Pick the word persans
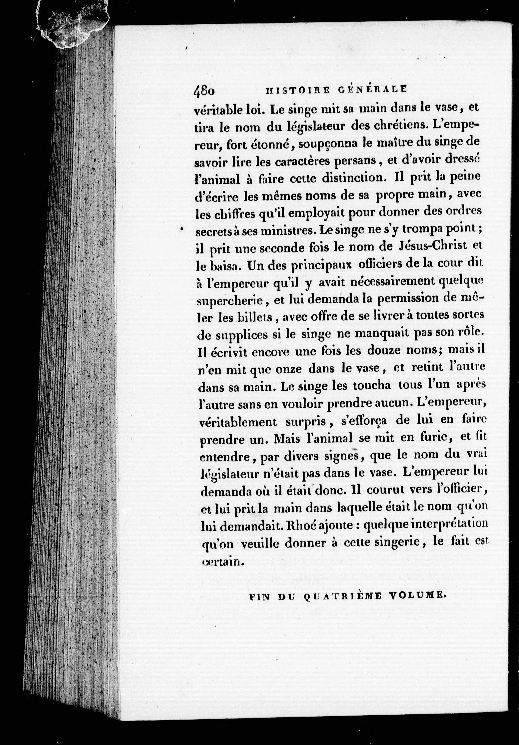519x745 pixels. click(x=355, y=161)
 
